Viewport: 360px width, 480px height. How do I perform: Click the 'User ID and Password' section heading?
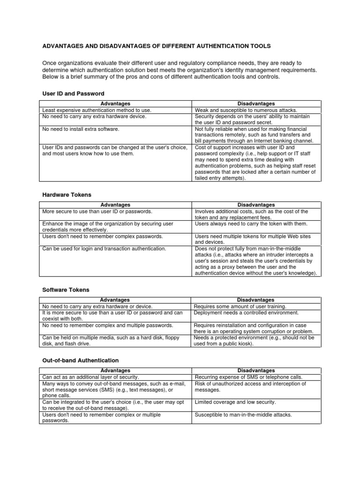pos(73,94)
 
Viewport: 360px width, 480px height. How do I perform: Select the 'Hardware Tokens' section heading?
pos(67,195)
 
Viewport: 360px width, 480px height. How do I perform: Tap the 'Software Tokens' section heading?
pos(66,290)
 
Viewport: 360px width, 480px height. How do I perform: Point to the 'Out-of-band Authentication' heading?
pos(81,360)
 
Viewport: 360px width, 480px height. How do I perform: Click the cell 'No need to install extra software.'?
pos(81,129)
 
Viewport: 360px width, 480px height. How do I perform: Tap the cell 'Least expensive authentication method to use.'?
pos(97,110)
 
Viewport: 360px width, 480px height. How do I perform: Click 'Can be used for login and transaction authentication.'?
pos(104,248)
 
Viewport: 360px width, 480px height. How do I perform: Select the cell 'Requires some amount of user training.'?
pos(240,307)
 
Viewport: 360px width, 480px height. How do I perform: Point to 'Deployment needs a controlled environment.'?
pos(246,313)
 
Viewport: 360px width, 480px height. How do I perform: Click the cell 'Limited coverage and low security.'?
pos(235,402)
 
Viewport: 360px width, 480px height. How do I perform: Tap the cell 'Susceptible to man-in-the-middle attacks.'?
pos(243,415)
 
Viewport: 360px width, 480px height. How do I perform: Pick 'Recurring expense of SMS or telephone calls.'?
pos(248,377)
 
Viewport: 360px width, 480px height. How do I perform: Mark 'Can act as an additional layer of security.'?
pos(91,377)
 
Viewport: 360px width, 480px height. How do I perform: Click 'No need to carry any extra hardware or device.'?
pos(97,307)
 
